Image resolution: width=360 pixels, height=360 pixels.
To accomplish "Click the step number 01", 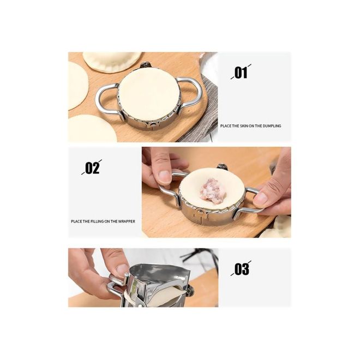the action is click(x=241, y=73).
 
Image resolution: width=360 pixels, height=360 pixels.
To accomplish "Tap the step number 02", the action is click(x=92, y=167).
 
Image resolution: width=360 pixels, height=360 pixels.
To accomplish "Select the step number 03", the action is click(x=241, y=269).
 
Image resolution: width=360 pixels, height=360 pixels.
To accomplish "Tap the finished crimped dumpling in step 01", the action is click(x=112, y=62).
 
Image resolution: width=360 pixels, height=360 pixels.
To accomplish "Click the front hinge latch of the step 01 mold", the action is click(x=152, y=125).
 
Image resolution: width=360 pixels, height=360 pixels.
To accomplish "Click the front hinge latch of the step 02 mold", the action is click(x=199, y=213).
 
